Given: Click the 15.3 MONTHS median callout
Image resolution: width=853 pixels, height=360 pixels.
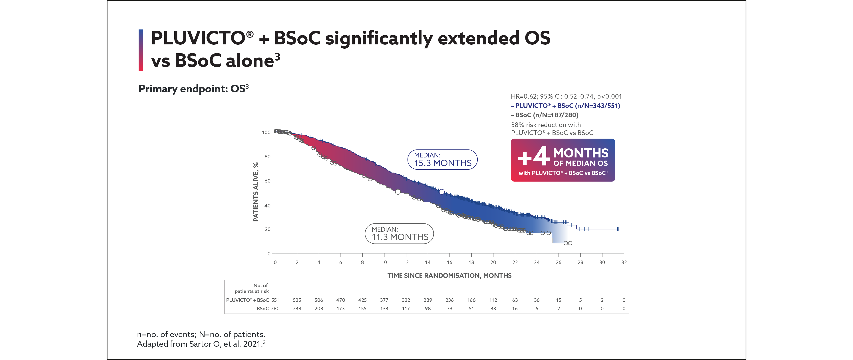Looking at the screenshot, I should point(442,160).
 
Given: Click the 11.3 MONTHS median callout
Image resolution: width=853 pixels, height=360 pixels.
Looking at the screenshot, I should point(399,234).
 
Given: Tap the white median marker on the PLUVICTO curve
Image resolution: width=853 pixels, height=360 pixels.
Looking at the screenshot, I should point(442,192).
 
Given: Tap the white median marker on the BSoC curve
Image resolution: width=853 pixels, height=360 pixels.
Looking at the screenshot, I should point(398,192).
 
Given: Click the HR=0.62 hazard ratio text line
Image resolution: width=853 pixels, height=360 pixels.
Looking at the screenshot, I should point(566,96).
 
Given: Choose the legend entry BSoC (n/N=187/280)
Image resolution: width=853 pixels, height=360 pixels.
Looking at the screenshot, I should point(545,115).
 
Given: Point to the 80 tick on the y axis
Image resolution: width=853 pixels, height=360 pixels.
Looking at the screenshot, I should point(268,156).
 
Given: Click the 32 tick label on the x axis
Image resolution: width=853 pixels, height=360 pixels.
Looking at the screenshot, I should point(624,262).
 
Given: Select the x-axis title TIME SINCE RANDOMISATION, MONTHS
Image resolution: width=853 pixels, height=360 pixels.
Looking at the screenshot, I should point(449,276).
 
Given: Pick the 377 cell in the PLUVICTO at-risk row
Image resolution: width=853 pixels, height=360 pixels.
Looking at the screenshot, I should point(384,300).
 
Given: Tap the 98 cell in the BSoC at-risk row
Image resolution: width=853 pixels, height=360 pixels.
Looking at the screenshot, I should point(428,308).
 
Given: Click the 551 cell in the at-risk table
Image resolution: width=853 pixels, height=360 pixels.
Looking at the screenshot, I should point(275,300).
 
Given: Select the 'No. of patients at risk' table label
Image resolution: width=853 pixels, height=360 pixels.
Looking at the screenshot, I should point(252,288).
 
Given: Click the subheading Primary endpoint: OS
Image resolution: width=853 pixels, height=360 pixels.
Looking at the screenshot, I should point(193,89).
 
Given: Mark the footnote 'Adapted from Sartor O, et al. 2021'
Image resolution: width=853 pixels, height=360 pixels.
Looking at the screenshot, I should point(201,344).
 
